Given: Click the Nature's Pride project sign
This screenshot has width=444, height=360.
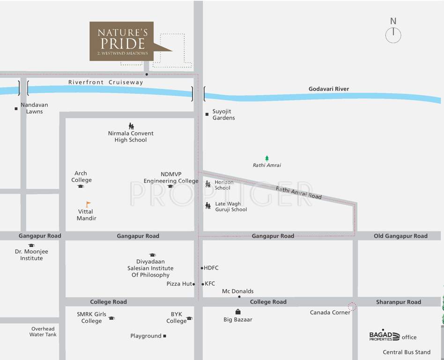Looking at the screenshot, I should coord(122,41).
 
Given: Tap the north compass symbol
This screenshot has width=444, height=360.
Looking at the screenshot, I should coord(393,35).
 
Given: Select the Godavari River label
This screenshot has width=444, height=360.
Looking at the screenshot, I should coord(329,89).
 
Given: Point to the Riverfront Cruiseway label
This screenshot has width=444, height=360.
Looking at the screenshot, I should coord(106,82).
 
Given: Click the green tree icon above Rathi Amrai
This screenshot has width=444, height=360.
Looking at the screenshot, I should coord(267,158).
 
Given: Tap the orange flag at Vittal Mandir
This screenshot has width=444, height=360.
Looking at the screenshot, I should coord(88,204).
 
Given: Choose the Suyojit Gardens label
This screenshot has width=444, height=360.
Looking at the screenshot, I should coord(223,114).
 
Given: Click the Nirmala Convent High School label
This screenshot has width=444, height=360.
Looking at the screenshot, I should coord(131,136).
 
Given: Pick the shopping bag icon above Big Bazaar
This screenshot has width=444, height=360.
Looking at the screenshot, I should coord(238,312).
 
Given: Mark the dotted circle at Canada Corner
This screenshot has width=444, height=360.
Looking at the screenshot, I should coord(352,307).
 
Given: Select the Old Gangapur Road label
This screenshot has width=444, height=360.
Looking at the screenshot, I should coord(400,236).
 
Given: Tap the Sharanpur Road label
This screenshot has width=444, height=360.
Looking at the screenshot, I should coord(399,302).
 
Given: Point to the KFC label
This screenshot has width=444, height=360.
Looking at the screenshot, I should coord(210,284).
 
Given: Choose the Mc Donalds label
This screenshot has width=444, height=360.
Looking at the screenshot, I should coord(237,291).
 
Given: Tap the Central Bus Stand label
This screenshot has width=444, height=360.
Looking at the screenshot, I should coord(407,352).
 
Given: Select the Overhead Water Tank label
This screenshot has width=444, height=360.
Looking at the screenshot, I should coord(43,332).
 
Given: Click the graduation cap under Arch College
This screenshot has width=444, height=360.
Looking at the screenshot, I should coord(81,187).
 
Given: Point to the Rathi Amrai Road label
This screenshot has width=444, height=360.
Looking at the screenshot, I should coord(299,193).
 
